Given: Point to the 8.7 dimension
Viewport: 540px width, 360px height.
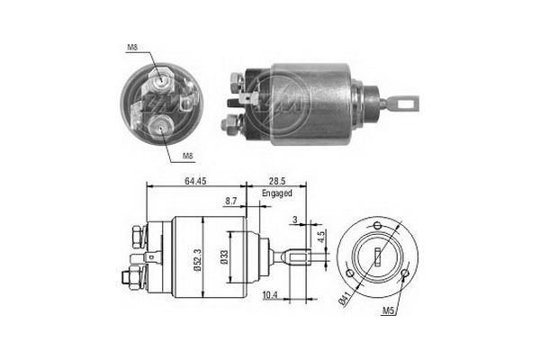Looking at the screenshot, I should (231, 202).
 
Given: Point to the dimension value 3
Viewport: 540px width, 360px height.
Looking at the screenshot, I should (293, 219).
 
